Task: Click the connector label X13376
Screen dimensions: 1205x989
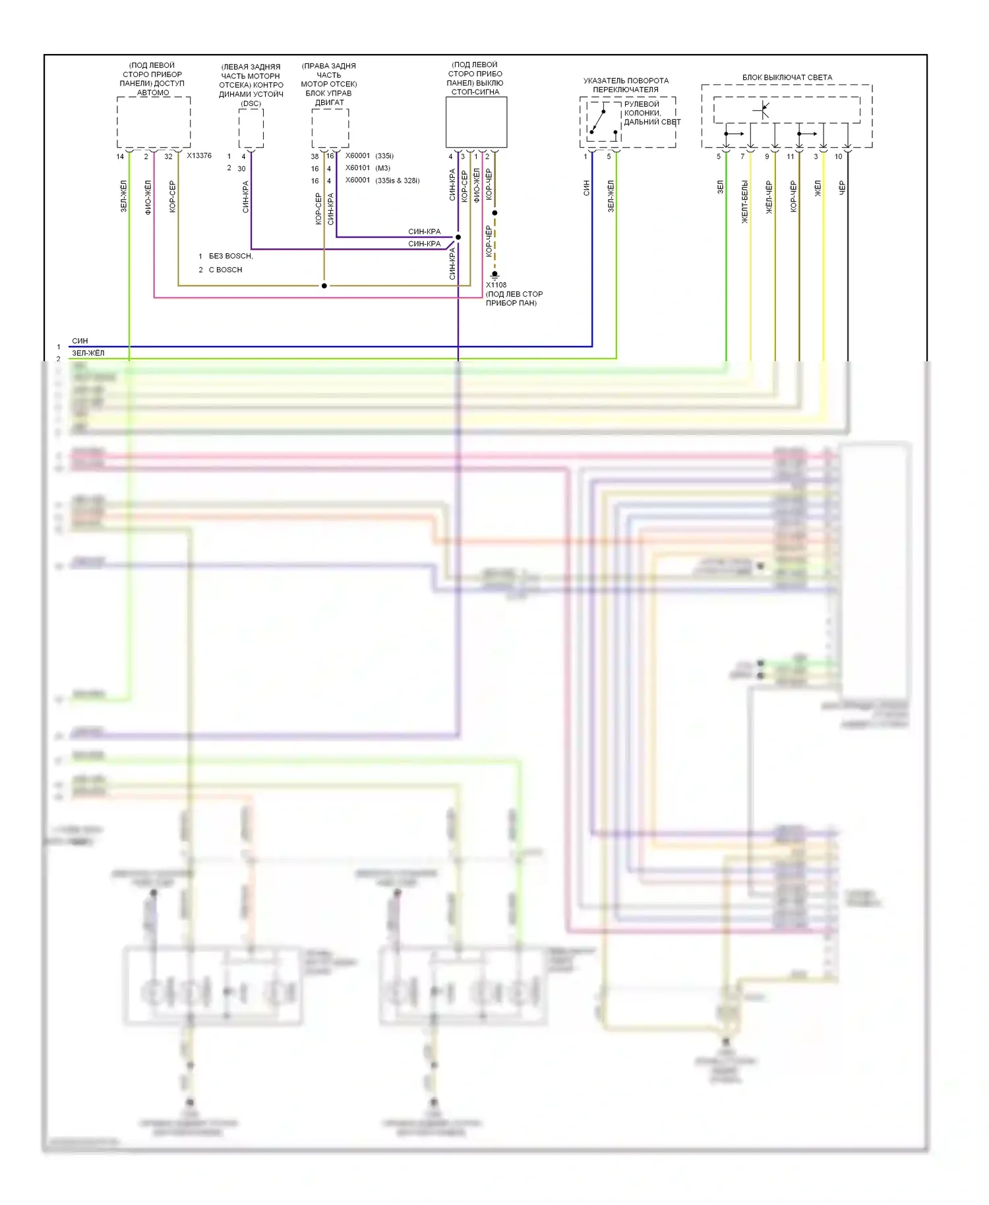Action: (198, 156)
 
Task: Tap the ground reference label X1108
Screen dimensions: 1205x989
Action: (496, 285)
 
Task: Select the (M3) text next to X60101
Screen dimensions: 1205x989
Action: (383, 168)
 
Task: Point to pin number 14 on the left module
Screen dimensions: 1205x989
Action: (120, 157)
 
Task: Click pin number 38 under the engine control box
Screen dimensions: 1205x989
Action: (315, 157)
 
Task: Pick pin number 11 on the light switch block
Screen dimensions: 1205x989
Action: (790, 157)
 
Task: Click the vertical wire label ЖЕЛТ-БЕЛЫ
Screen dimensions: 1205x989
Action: (744, 202)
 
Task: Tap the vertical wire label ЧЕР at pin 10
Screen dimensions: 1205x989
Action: (841, 189)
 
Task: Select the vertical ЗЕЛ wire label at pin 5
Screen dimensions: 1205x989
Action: (720, 187)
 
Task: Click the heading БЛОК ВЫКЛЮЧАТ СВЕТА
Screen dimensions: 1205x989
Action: (787, 77)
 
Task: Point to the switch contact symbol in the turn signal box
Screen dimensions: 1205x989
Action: (599, 121)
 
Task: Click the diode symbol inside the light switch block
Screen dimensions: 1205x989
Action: (764, 109)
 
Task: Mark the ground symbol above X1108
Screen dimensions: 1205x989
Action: (494, 274)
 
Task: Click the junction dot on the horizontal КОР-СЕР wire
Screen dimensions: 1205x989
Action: (324, 286)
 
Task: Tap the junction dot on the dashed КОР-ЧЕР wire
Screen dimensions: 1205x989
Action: (494, 213)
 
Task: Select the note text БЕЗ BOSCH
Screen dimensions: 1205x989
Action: (230, 256)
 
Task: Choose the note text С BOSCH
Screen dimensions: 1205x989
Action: (225, 270)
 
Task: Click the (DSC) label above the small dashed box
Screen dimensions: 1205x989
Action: (251, 103)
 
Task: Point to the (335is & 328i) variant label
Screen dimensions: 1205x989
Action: (397, 181)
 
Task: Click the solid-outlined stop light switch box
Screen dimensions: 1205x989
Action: (476, 123)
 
